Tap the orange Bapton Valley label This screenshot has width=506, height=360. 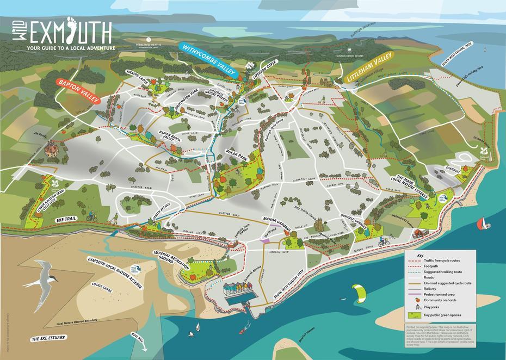click(79, 91)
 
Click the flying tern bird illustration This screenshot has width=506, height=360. click(42, 278)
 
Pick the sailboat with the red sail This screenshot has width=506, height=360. click(482, 224)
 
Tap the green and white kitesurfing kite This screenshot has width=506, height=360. click(360, 294)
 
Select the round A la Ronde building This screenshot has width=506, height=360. click(52, 146)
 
